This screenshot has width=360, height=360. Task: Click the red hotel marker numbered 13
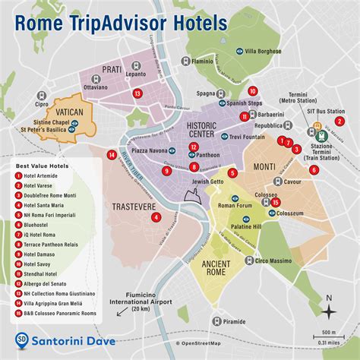(x=137, y=93)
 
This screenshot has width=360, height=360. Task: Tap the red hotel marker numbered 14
(x=112, y=155)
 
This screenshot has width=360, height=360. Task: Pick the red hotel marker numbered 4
(x=156, y=216)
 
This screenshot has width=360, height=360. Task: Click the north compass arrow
(x=328, y=308)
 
